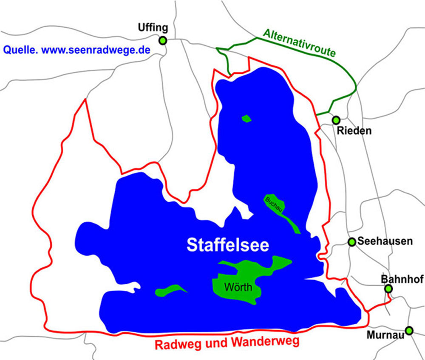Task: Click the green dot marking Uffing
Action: (x=162, y=41)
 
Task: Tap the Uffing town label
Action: (x=153, y=28)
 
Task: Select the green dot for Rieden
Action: (x=336, y=120)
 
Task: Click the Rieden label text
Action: (x=354, y=131)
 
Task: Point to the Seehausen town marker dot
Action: (x=351, y=242)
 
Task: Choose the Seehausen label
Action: (x=385, y=241)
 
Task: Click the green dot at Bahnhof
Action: (x=388, y=289)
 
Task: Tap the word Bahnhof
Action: (x=402, y=279)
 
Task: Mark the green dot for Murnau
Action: (x=409, y=330)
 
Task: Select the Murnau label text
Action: (x=385, y=335)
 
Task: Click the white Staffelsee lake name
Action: (x=228, y=245)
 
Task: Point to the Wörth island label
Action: (x=238, y=288)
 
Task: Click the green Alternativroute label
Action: (x=299, y=43)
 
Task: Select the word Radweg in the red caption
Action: (x=178, y=343)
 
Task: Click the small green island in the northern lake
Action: (x=246, y=119)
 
